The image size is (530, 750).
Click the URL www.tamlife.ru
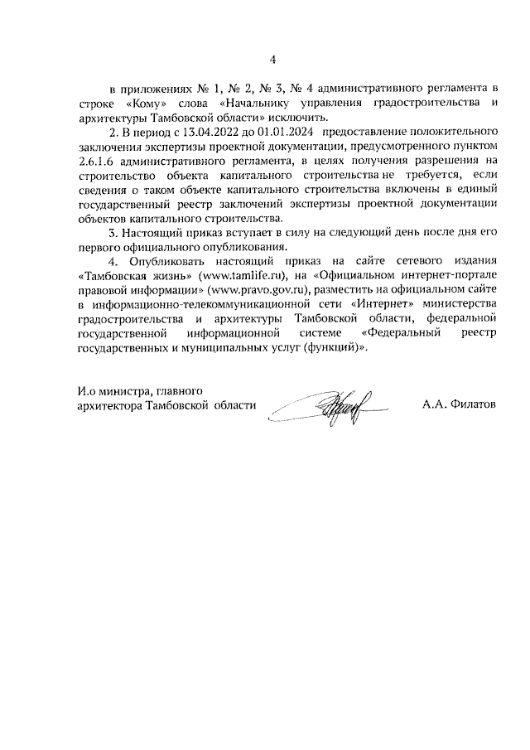[241, 275]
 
